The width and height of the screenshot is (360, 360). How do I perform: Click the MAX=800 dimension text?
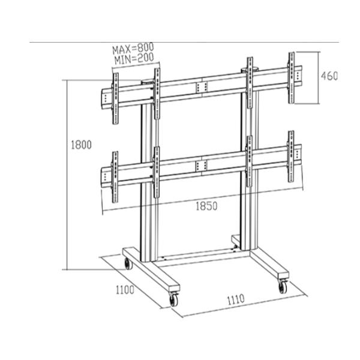pos(133,47)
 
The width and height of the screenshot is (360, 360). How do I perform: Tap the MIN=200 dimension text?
pos(133,58)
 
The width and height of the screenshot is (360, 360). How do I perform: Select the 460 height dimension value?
pos(329,76)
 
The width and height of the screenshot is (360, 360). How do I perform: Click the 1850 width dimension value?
pos(205,206)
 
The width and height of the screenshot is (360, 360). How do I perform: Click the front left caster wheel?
pos(175,299)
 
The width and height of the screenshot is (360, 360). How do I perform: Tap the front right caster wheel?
pos(283,286)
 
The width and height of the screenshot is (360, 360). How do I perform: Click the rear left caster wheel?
pos(127,263)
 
